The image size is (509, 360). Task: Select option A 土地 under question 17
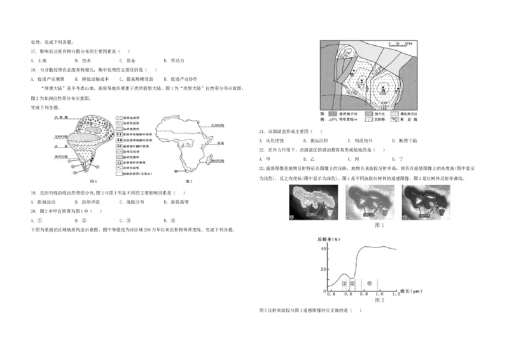pyautogui.click(x=37, y=60)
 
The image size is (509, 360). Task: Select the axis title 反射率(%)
pyautogui.click(x=329, y=239)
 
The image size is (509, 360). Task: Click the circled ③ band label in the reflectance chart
pyautogui.click(x=370, y=282)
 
